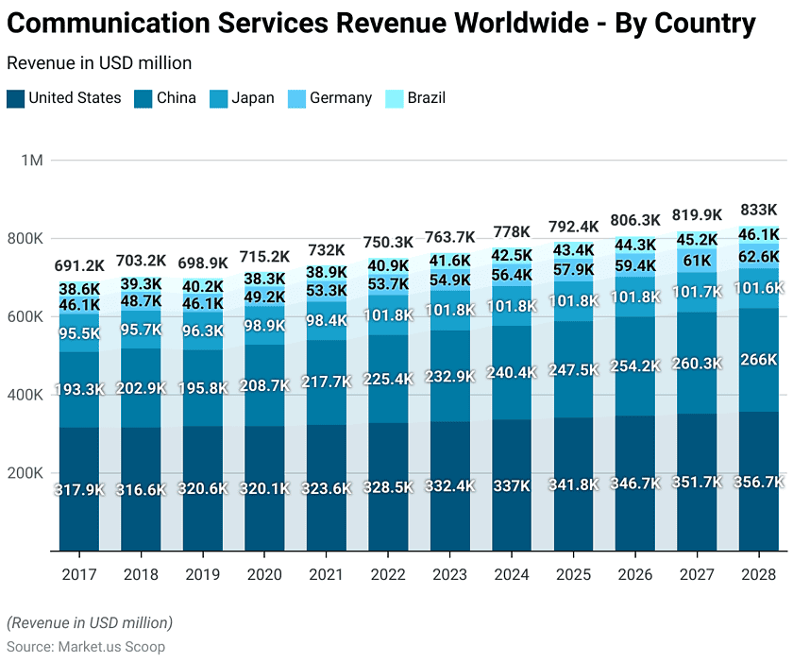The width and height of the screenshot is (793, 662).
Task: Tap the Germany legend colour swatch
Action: pyautogui.click(x=295, y=98)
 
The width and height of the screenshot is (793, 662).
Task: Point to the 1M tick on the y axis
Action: pyautogui.click(x=32, y=161)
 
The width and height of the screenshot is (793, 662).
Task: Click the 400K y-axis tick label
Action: pyautogui.click(x=25, y=395)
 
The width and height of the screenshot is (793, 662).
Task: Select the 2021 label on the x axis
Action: pyautogui.click(x=327, y=574)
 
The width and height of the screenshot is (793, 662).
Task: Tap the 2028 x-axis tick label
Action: pyautogui.click(x=759, y=574)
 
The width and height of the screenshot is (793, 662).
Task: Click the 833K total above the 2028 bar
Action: pyautogui.click(x=759, y=210)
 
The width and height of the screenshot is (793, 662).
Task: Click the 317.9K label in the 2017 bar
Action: pyautogui.click(x=79, y=490)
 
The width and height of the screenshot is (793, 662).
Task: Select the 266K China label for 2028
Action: pyautogui.click(x=759, y=360)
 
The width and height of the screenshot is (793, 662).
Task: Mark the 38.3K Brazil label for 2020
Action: pyautogui.click(x=264, y=279)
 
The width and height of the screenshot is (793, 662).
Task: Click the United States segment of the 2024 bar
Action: pyautogui.click(x=512, y=510)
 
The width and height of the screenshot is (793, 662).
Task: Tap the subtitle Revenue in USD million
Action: pyautogui.click(x=99, y=63)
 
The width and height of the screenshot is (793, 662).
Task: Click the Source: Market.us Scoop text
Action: pyautogui.click(x=86, y=647)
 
